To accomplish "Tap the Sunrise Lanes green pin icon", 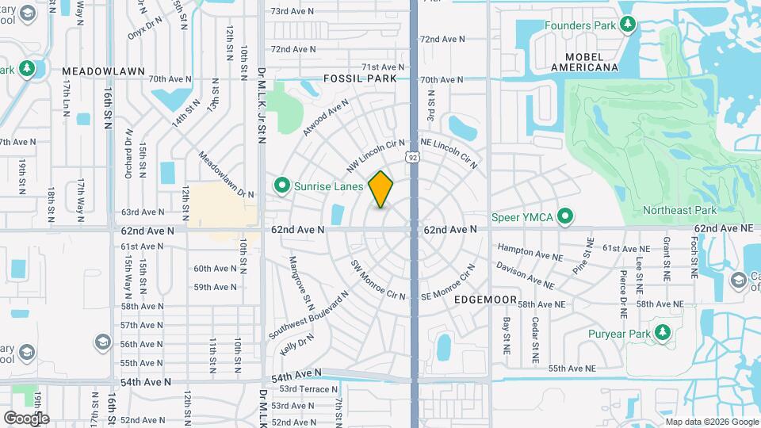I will [281, 185].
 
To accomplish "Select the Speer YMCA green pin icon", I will [565, 216].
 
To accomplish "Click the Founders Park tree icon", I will [627, 25].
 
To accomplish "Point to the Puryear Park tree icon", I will [661, 333].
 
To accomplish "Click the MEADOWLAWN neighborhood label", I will [104, 71].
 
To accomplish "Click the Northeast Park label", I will [679, 210].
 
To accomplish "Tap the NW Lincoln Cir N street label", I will [370, 156].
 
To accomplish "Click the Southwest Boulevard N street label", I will [308, 315].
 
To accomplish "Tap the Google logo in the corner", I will [26, 418].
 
